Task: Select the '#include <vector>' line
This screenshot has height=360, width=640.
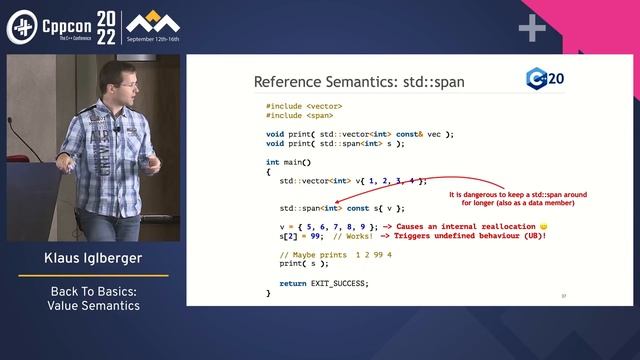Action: click(304, 107)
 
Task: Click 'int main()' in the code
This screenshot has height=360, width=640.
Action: click(289, 161)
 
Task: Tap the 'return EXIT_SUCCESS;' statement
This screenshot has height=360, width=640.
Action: click(324, 283)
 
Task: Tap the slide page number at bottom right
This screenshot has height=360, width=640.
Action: click(564, 296)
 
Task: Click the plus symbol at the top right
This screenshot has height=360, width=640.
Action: click(532, 29)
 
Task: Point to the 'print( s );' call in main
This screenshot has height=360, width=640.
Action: click(303, 264)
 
